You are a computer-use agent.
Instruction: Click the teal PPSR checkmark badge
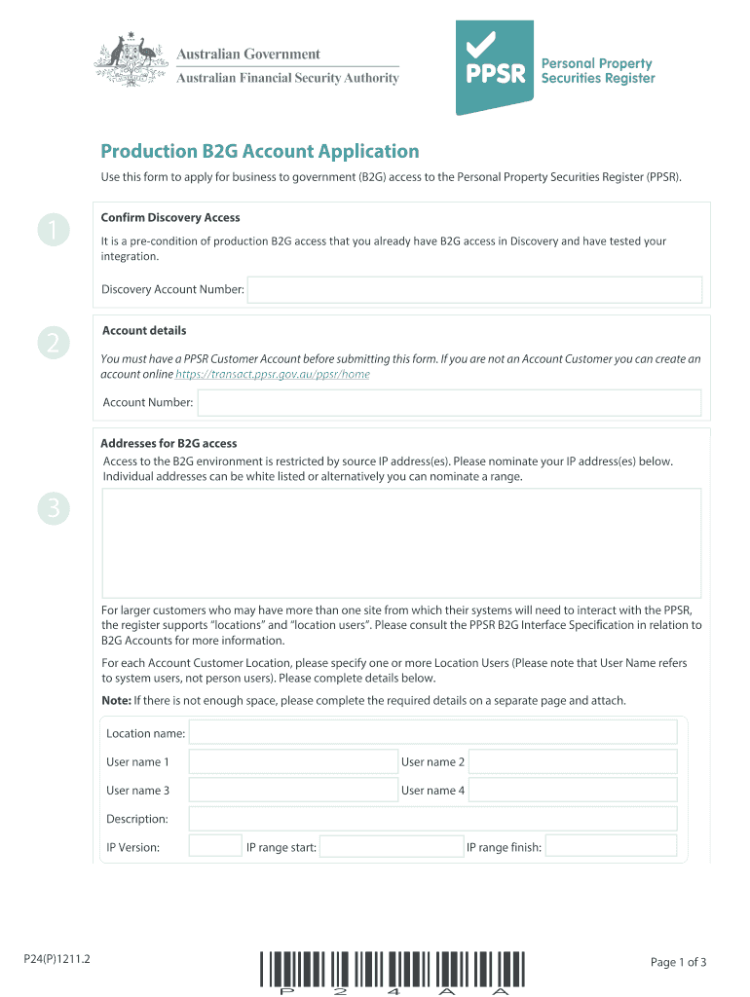point(495,65)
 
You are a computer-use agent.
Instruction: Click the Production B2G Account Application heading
point(260,151)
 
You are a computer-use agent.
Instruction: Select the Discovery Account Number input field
point(474,289)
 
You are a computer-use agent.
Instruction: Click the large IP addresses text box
point(401,540)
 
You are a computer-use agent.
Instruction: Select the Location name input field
point(432,732)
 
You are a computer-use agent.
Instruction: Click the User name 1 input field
point(292,761)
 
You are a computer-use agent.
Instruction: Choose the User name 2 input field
point(573,761)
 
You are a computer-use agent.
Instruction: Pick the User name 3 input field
point(292,790)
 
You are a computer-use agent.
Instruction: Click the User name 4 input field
point(573,790)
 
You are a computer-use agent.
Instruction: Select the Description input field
point(432,819)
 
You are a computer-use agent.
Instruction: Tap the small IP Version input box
point(207,847)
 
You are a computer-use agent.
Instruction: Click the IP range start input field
point(391,847)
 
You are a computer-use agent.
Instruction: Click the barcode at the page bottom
point(393,972)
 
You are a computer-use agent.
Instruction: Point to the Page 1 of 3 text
point(678,962)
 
